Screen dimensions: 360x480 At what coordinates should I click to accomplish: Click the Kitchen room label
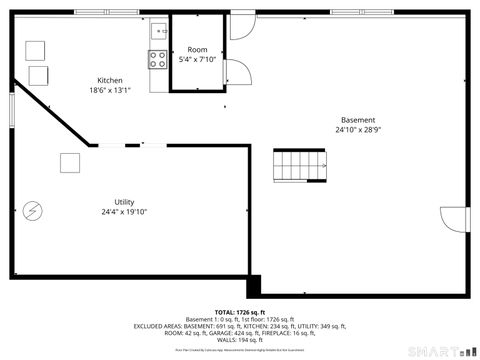110,81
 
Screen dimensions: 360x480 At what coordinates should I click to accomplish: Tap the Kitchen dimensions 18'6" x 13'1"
110,91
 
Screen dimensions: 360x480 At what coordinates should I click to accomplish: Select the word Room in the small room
197,50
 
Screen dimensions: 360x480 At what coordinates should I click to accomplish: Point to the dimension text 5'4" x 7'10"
197,60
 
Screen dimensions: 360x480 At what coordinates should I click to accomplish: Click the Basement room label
357,120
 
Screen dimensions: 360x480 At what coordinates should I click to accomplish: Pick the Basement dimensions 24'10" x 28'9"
357,130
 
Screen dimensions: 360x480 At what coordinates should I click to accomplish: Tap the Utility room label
124,201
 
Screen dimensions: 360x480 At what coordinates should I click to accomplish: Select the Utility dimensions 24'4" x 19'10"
124,211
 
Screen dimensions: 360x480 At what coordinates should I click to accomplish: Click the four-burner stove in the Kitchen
159,58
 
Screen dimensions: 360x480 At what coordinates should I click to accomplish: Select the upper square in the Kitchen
36,51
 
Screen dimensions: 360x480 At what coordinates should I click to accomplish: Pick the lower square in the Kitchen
41,74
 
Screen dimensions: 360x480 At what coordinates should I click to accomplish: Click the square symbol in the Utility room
70,162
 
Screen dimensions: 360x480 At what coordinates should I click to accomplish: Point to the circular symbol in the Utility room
33,210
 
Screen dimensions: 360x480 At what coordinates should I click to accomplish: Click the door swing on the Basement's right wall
454,219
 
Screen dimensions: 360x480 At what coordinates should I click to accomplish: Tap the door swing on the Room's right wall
239,74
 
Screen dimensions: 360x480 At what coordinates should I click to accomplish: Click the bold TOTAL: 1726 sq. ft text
239,313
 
